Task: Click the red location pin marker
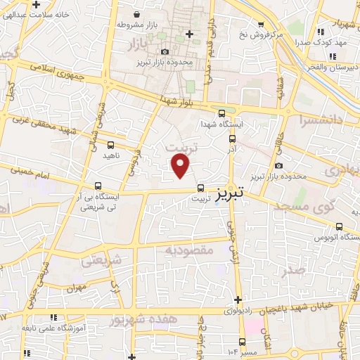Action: click(181, 165)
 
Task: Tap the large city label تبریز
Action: click(233, 192)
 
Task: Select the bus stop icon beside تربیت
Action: click(201, 188)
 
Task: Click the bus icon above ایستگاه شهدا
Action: click(222, 112)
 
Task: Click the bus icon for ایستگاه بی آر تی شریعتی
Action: click(98, 186)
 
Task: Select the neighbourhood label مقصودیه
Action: click(189, 250)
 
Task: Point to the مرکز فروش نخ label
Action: click(260, 34)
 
